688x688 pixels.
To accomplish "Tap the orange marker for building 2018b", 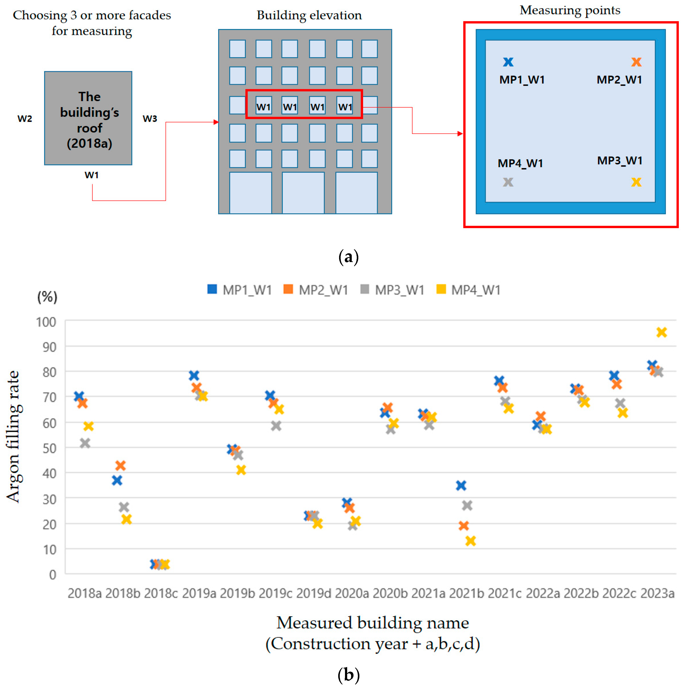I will (120, 465).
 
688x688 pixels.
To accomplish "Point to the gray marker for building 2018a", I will (85, 443).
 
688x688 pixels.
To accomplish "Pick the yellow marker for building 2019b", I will (241, 470).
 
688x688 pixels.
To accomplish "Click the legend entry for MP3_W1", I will (392, 290).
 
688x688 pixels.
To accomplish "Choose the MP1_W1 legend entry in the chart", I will (240, 290).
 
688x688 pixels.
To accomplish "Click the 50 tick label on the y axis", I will (49, 448).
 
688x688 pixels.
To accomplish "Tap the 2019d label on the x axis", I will (313, 593).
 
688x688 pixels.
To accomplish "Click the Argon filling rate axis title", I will (14, 437).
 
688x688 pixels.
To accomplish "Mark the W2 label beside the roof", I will (25, 118).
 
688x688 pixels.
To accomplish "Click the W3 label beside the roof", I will (150, 118).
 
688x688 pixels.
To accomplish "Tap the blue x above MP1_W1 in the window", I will (508, 62).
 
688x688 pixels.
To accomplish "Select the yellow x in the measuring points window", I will (636, 182).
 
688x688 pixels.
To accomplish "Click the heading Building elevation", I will (309, 15).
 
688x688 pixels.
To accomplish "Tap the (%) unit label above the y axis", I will (47, 297).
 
